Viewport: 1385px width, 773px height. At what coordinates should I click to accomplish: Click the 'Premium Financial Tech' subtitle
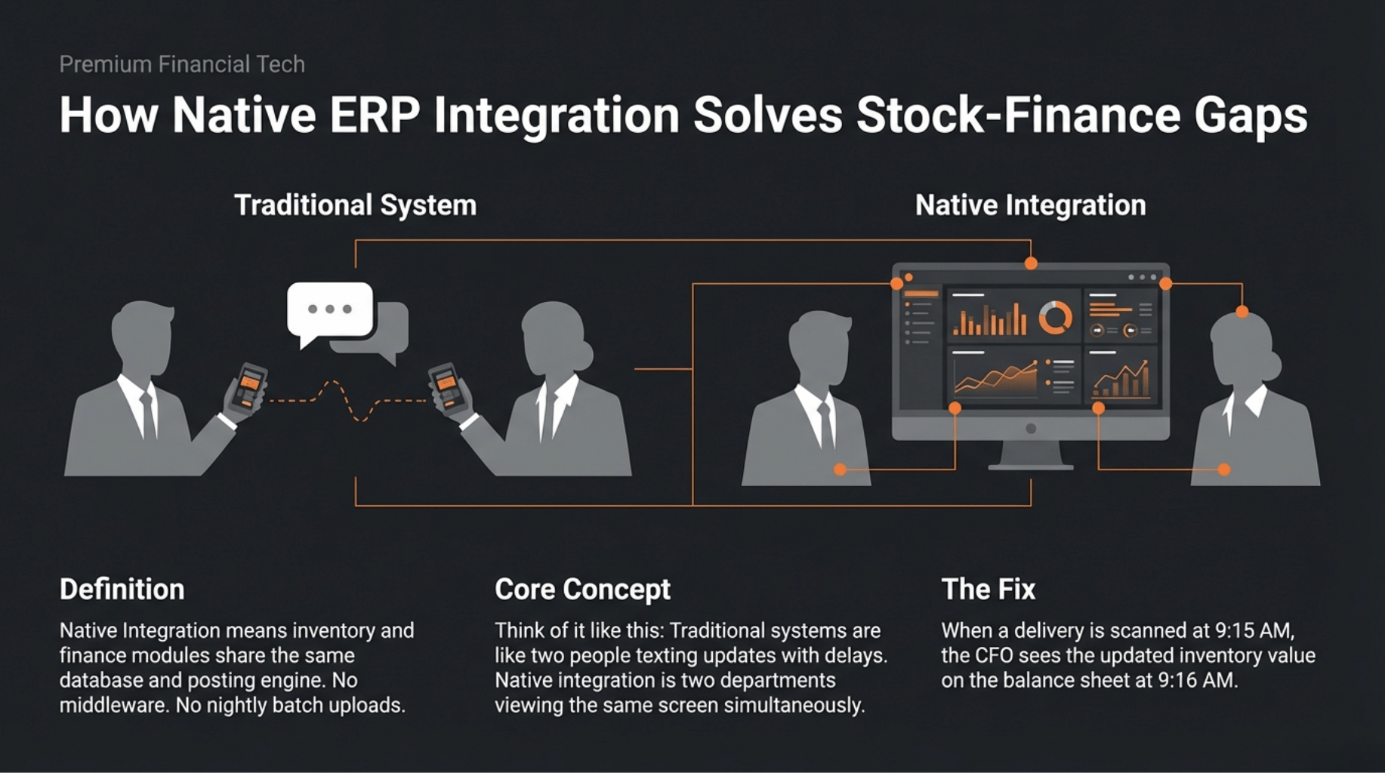[182, 65]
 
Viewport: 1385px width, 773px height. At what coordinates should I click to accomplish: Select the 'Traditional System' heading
[355, 205]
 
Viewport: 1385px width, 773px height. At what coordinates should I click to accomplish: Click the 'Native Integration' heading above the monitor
[1030, 205]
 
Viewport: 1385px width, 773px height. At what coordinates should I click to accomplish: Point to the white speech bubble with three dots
[330, 310]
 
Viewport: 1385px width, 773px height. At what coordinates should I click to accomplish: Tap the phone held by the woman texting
[446, 386]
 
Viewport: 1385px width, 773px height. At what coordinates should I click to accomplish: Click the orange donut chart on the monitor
[1055, 318]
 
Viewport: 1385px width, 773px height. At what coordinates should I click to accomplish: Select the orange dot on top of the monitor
[1031, 263]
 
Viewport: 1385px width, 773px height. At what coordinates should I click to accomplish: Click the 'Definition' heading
[122, 590]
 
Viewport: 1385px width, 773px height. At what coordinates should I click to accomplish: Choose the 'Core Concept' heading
[582, 590]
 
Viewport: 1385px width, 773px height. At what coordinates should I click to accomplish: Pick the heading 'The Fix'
[988, 590]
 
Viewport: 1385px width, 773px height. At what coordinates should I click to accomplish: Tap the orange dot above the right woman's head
[1242, 311]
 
